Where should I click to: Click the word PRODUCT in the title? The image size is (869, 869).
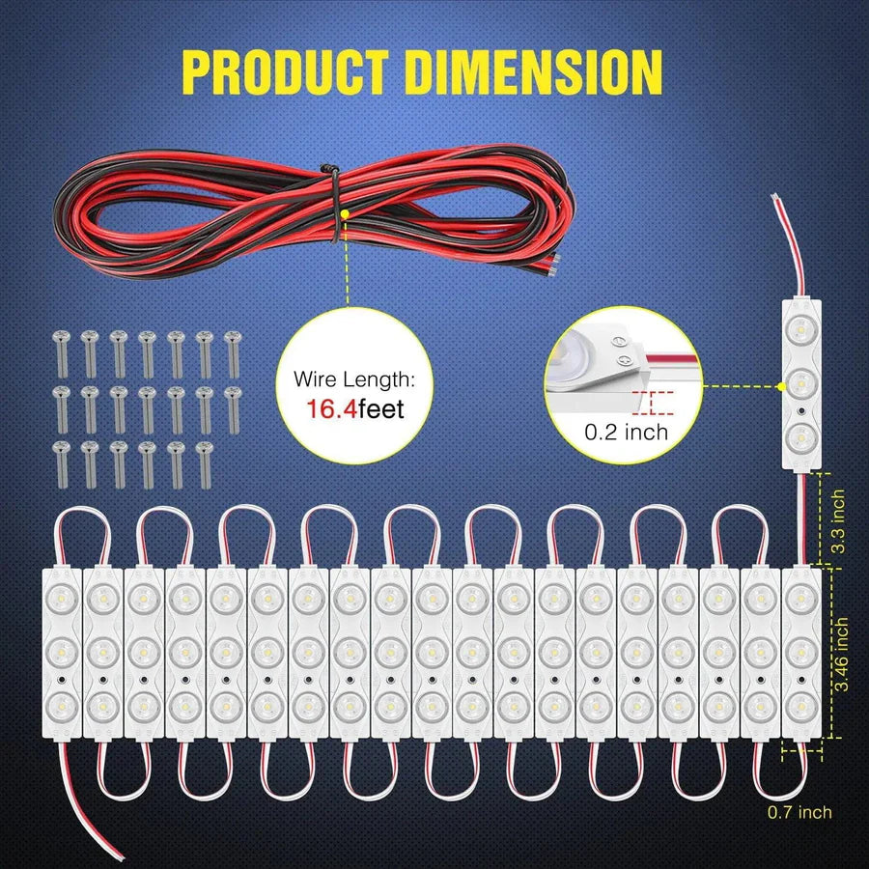pyautogui.click(x=285, y=71)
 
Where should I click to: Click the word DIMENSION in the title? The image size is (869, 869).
pyautogui.click(x=533, y=71)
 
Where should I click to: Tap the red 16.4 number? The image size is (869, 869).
pyautogui.click(x=331, y=409)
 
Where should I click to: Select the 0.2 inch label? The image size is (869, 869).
pyautogui.click(x=627, y=433)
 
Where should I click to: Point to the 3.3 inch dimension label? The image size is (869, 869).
pyautogui.click(x=839, y=521)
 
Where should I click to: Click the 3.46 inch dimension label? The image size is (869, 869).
pyautogui.click(x=841, y=654)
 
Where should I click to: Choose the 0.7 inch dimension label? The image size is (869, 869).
pyautogui.click(x=799, y=812)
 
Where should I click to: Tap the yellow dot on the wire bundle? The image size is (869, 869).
pyautogui.click(x=346, y=213)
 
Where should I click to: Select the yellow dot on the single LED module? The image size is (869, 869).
pyautogui.click(x=781, y=387)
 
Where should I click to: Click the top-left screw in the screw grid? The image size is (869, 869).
pyautogui.click(x=61, y=353)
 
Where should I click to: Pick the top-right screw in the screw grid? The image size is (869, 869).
pyautogui.click(x=234, y=353)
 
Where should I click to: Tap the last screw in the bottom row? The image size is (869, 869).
pyautogui.click(x=205, y=464)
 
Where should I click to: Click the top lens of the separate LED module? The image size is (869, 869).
pyautogui.click(x=801, y=330)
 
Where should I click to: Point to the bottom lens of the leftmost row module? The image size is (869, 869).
pyautogui.click(x=62, y=706)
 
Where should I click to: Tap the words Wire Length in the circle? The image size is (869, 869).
pyautogui.click(x=354, y=379)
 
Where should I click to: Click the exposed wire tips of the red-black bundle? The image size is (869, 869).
pyautogui.click(x=554, y=264)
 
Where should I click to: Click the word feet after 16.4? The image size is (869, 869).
pyautogui.click(x=381, y=409)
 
